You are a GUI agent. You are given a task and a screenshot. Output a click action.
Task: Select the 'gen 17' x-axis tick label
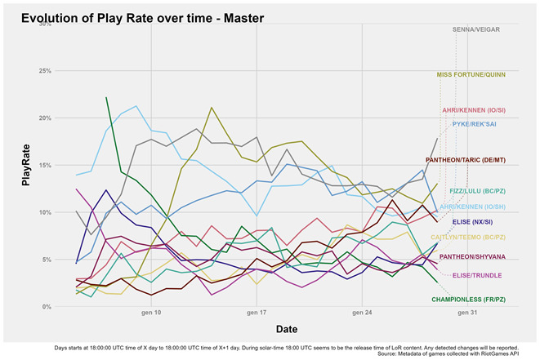pyautogui.click(x=257, y=313)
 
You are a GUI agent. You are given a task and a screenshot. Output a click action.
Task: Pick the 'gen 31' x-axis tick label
pyautogui.click(x=468, y=313)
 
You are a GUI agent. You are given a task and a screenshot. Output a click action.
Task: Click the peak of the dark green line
pyautogui.click(x=106, y=97)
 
